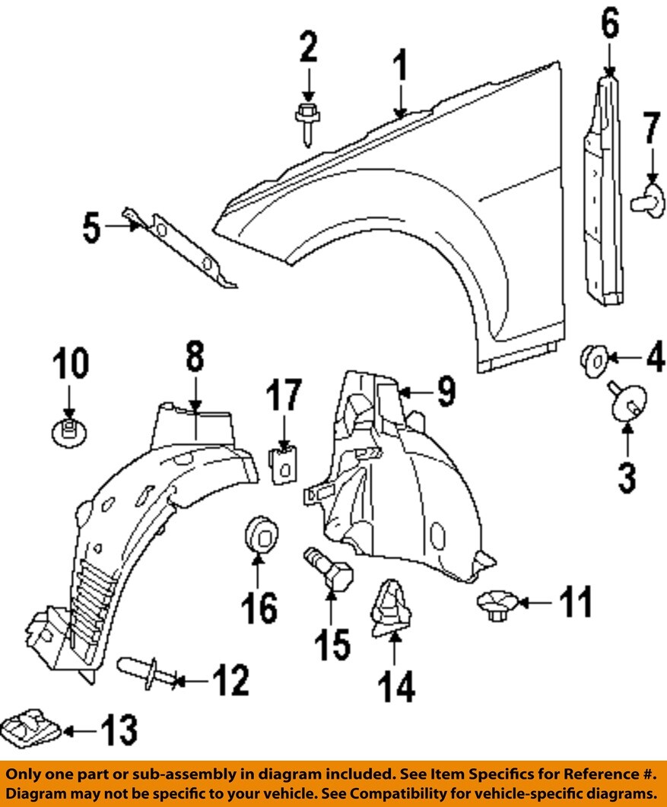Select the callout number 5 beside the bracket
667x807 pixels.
click(91, 228)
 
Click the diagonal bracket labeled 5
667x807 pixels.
click(183, 248)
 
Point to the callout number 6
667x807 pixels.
click(610, 27)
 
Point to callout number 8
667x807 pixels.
click(194, 356)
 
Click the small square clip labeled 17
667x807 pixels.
click(284, 463)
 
